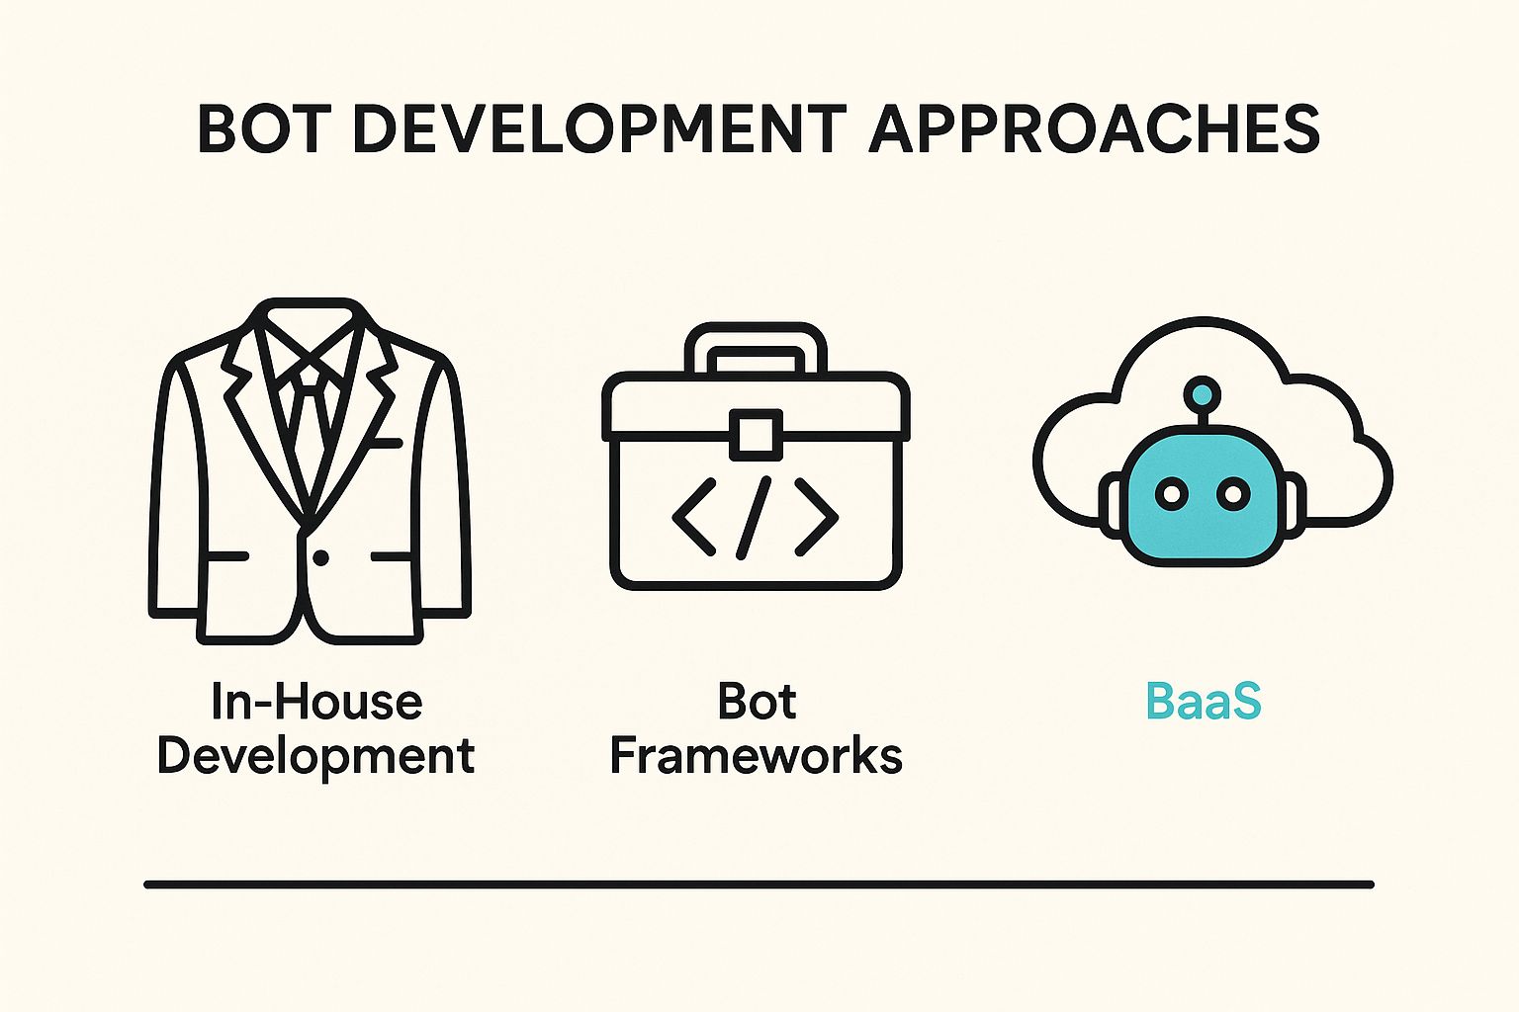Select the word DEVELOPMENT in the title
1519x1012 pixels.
(594, 128)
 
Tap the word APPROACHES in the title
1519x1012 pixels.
(1095, 128)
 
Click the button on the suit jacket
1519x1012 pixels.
(320, 557)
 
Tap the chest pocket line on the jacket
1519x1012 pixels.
(388, 444)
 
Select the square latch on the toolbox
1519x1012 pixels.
(757, 435)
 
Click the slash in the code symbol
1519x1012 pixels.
(755, 518)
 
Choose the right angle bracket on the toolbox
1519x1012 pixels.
(817, 517)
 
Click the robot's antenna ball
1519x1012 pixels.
(1202, 393)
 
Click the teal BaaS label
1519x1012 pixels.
(1203, 702)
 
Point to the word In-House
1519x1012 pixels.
(316, 702)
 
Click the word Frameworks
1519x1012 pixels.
(757, 755)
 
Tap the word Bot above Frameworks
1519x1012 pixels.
(757, 702)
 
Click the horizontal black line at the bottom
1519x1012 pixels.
(759, 885)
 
